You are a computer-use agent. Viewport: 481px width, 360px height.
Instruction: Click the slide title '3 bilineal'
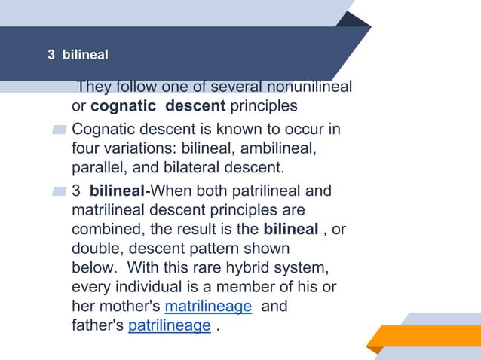coord(78,55)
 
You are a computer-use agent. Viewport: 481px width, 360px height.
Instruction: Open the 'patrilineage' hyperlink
coord(170,325)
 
